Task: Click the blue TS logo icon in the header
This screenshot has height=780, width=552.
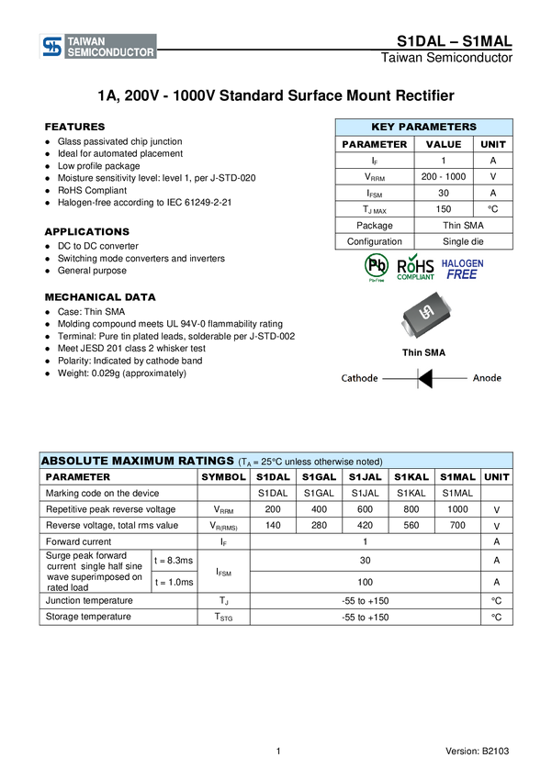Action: pos(51,47)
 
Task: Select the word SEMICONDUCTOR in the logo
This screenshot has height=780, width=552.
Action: pos(110,53)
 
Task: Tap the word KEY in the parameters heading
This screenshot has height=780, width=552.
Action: pos(383,128)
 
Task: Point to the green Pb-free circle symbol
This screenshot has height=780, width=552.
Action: pos(377,265)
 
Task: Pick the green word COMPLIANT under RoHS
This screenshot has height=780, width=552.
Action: pos(415,277)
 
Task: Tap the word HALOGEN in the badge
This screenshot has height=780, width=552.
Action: pos(463,262)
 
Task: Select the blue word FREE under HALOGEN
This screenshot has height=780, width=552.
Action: pos(462,274)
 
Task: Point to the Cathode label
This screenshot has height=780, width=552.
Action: pos(359,378)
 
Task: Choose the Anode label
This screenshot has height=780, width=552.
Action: pos(487,378)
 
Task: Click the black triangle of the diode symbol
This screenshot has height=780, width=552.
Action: pos(424,378)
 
